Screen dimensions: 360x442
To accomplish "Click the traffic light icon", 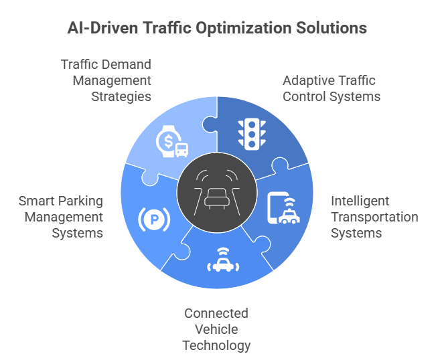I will coord(250,134).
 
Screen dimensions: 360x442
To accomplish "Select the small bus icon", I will coord(181,150).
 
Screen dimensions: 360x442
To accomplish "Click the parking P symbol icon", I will coord(154,218).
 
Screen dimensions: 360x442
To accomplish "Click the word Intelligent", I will coord(360,201).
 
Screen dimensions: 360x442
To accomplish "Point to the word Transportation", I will coord(374,217).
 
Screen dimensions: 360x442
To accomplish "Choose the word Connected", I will coord(216,313).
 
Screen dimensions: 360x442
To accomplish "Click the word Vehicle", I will coord(216,329).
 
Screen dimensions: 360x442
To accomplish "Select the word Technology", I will coord(216,345).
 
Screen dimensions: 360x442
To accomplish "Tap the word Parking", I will coord(80,201).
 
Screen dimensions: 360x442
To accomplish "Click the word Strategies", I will coord(121,96).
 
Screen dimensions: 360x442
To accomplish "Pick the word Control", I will coord(303,96).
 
